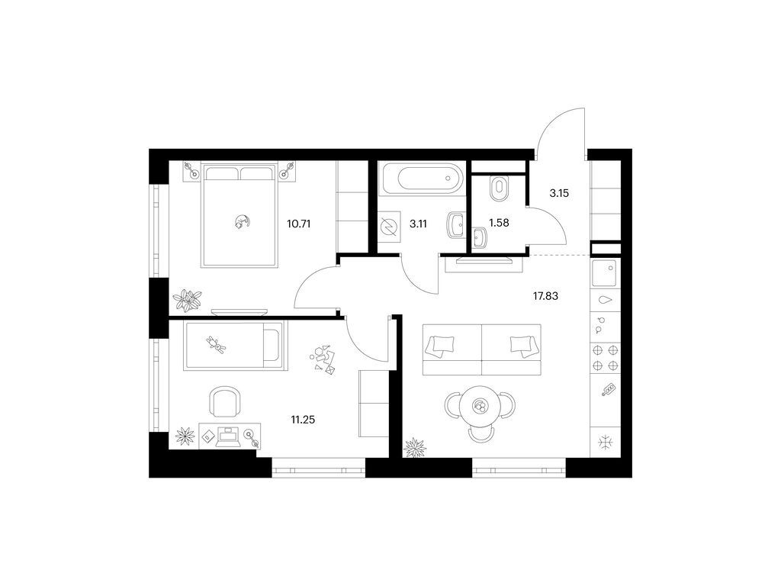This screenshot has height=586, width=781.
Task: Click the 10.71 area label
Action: pyautogui.click(x=298, y=224)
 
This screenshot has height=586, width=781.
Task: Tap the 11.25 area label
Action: pyautogui.click(x=303, y=420)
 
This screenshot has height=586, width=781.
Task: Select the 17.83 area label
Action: pyautogui.click(x=545, y=296)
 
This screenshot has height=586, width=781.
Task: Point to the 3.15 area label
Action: pyautogui.click(x=559, y=193)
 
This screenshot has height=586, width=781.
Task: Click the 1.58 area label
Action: pyautogui.click(x=499, y=224)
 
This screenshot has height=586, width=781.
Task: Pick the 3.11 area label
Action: pyautogui.click(x=419, y=224)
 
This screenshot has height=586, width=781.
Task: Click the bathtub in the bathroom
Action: pyautogui.click(x=421, y=178)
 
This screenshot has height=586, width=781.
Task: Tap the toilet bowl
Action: pyautogui.click(x=497, y=188)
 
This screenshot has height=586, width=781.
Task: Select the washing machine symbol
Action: pyautogui.click(x=388, y=227)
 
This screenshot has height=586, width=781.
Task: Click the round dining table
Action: pyautogui.click(x=480, y=407)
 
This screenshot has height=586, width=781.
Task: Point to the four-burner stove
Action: pyautogui.click(x=605, y=358)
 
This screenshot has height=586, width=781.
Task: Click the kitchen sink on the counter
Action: pyautogui.click(x=604, y=273)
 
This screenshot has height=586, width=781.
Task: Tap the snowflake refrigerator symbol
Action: pyautogui.click(x=606, y=443)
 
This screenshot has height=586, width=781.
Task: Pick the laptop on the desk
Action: pyautogui.click(x=229, y=436)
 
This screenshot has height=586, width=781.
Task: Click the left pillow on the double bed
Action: pyautogui.click(x=222, y=173)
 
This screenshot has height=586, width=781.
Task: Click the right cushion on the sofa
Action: pyautogui.click(x=523, y=346)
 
